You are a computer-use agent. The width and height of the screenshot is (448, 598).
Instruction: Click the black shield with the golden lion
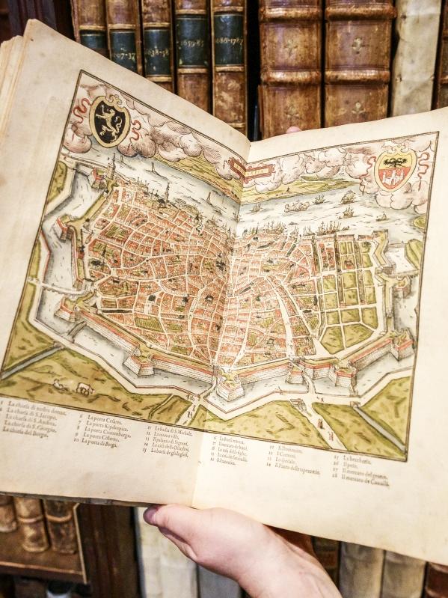pos(109,119)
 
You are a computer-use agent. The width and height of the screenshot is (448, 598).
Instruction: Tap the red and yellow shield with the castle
pos(394,169)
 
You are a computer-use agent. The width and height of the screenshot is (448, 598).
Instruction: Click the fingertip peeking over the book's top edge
pos(292,130)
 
